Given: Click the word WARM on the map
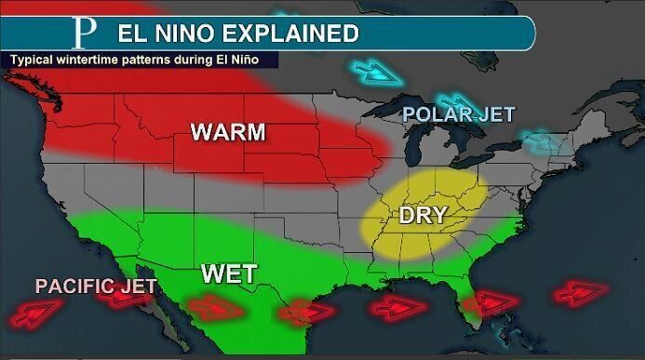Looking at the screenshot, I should click(228, 132).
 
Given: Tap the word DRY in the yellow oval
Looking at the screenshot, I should click(423, 215).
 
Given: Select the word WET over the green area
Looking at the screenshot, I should click(228, 274).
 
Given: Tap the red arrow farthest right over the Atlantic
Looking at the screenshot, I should click(581, 294).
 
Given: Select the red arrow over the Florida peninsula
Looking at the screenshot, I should click(490, 303).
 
